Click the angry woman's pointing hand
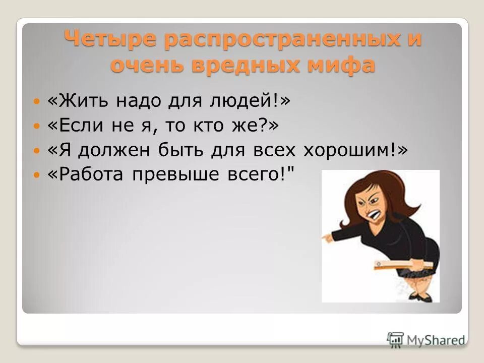(x=331, y=234)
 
